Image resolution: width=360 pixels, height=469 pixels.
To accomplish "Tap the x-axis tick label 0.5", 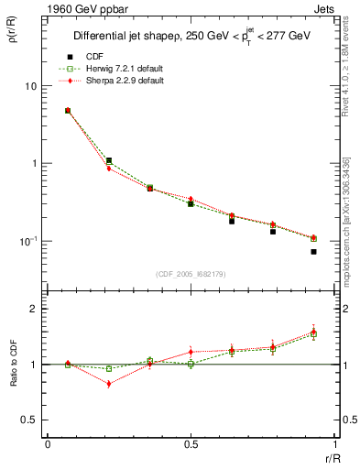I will pyautogui.click(x=191, y=443).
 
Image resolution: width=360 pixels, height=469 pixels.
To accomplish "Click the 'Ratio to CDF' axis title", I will pyautogui.click(x=16, y=377).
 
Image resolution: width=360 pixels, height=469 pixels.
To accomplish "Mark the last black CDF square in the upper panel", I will pyautogui.click(x=313, y=251).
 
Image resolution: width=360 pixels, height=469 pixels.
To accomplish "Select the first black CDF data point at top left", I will pyautogui.click(x=68, y=111).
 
